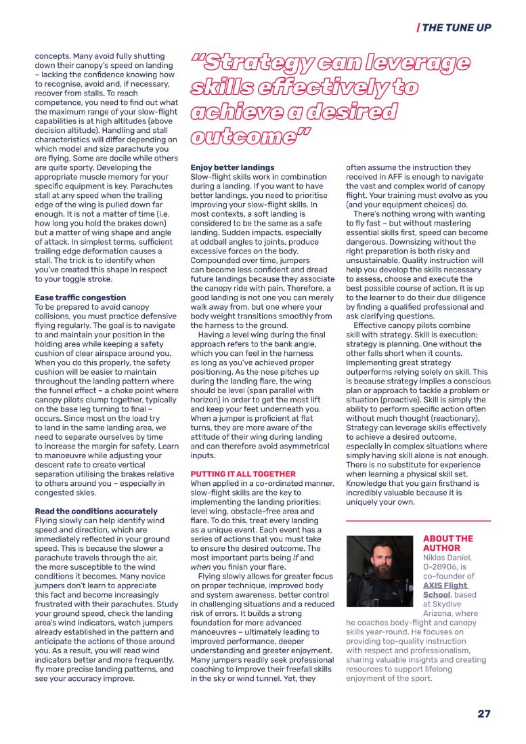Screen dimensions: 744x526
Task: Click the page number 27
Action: point(483,714)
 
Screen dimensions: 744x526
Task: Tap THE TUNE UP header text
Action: point(457,28)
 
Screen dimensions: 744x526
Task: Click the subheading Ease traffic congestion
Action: point(80,297)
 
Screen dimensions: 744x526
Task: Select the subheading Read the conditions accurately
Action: point(96,511)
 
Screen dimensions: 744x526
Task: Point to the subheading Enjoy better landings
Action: point(232,167)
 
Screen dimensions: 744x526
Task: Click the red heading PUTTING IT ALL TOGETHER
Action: point(243,474)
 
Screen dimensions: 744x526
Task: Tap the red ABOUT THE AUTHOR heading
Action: point(447,543)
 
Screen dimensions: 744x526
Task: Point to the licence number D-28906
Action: point(445,566)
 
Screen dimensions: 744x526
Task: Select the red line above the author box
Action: point(418,520)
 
